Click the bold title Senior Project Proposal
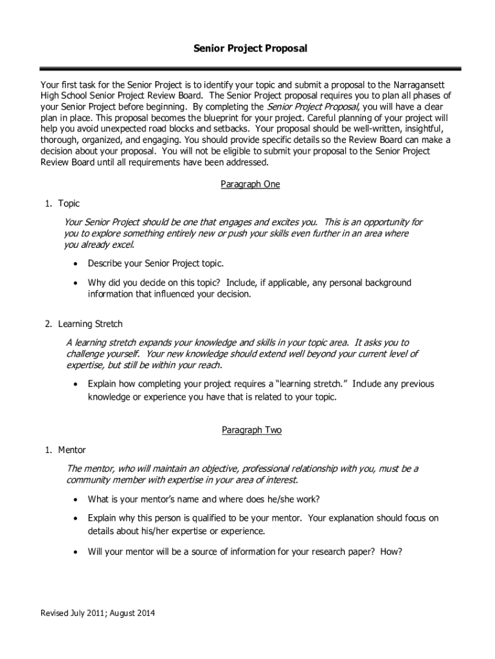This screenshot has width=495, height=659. (251, 48)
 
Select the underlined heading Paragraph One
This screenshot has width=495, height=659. (251, 184)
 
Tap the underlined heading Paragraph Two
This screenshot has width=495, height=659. (251, 430)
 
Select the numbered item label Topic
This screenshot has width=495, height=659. (69, 203)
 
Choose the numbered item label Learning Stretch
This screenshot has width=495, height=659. (90, 324)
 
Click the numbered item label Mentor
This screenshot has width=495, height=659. (71, 449)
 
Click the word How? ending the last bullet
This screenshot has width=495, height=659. (391, 551)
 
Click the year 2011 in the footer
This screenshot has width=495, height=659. (92, 613)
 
